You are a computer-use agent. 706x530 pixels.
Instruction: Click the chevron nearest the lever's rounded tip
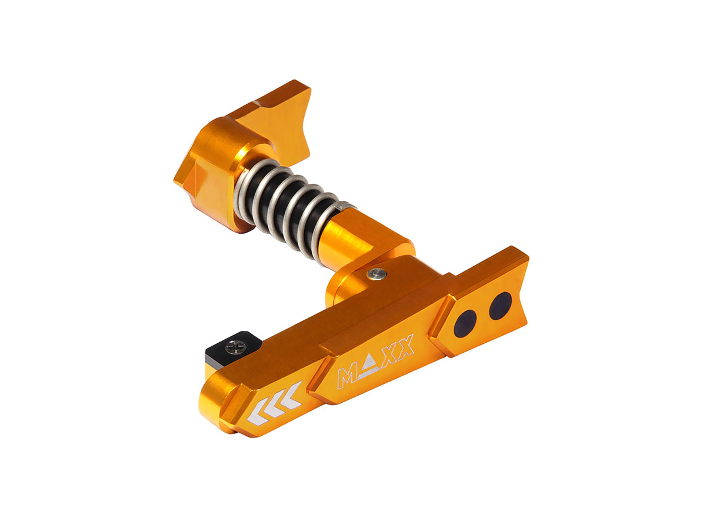tap(257, 414)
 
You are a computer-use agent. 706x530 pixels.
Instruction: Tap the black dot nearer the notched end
tap(500, 305)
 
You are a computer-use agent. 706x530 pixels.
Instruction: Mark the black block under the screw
tap(219, 356)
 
